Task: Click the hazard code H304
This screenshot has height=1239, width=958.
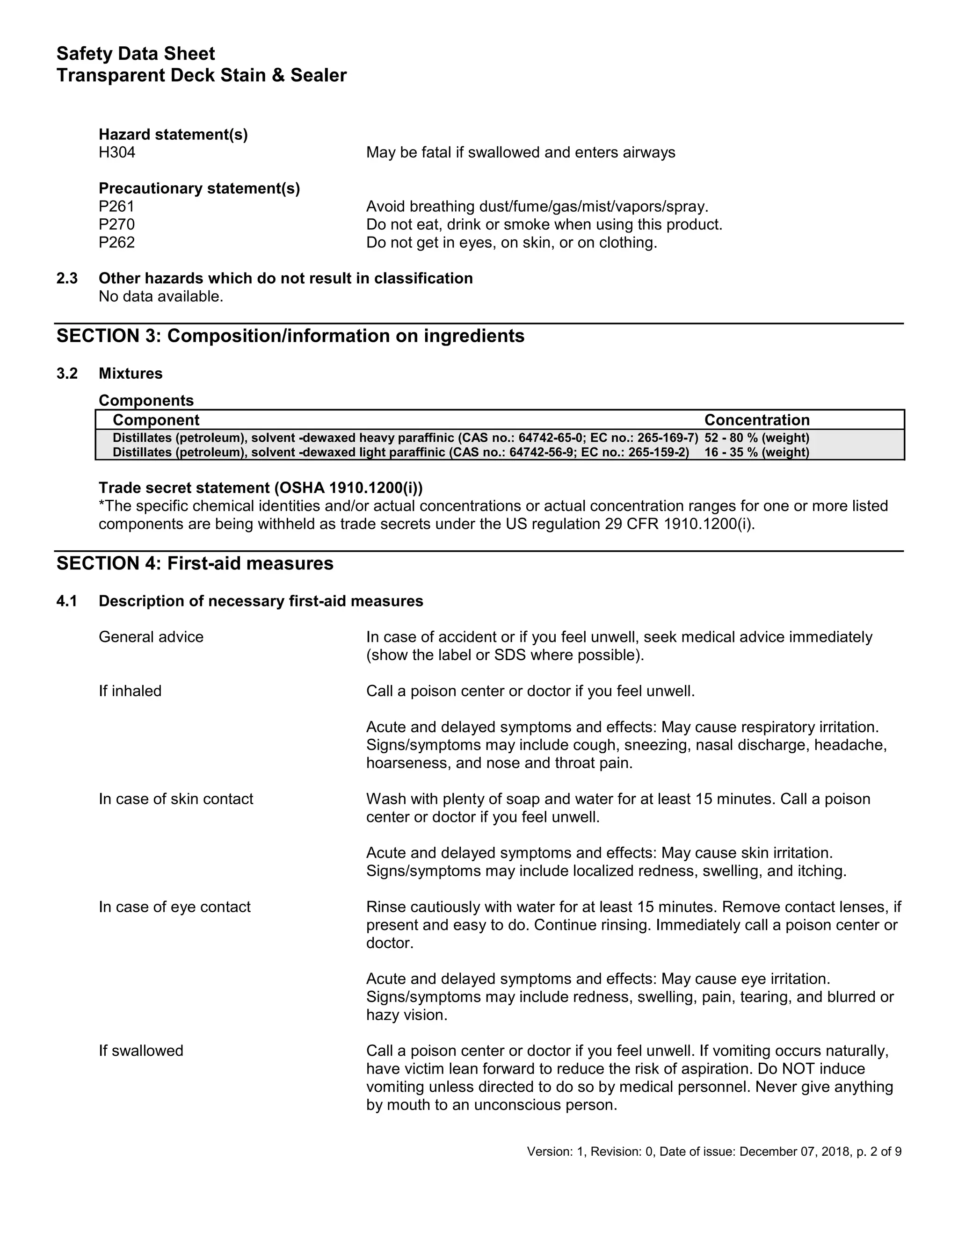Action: point(117,152)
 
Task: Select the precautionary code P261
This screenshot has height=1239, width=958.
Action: point(116,207)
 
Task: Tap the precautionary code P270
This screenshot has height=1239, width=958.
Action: point(116,224)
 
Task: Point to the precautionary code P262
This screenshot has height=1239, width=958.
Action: point(116,243)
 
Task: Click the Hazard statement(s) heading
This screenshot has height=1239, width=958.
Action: point(173,135)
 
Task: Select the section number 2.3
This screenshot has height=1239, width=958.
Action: point(67,279)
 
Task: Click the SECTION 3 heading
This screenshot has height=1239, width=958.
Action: point(290,336)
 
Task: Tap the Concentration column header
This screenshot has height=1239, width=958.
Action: point(756,420)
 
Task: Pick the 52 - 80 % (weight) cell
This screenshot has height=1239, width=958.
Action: point(756,438)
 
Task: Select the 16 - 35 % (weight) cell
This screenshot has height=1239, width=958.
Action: point(756,452)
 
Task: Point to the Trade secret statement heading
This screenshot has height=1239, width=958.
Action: point(261,488)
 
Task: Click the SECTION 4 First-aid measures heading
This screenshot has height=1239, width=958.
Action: point(195,563)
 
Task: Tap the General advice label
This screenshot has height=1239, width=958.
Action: point(151,637)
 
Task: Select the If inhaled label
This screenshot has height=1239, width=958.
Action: point(130,691)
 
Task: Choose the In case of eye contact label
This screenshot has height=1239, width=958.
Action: point(174,907)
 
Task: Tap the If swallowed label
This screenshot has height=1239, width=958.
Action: point(141,1051)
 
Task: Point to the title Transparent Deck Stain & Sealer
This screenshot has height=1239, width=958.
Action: point(202,75)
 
